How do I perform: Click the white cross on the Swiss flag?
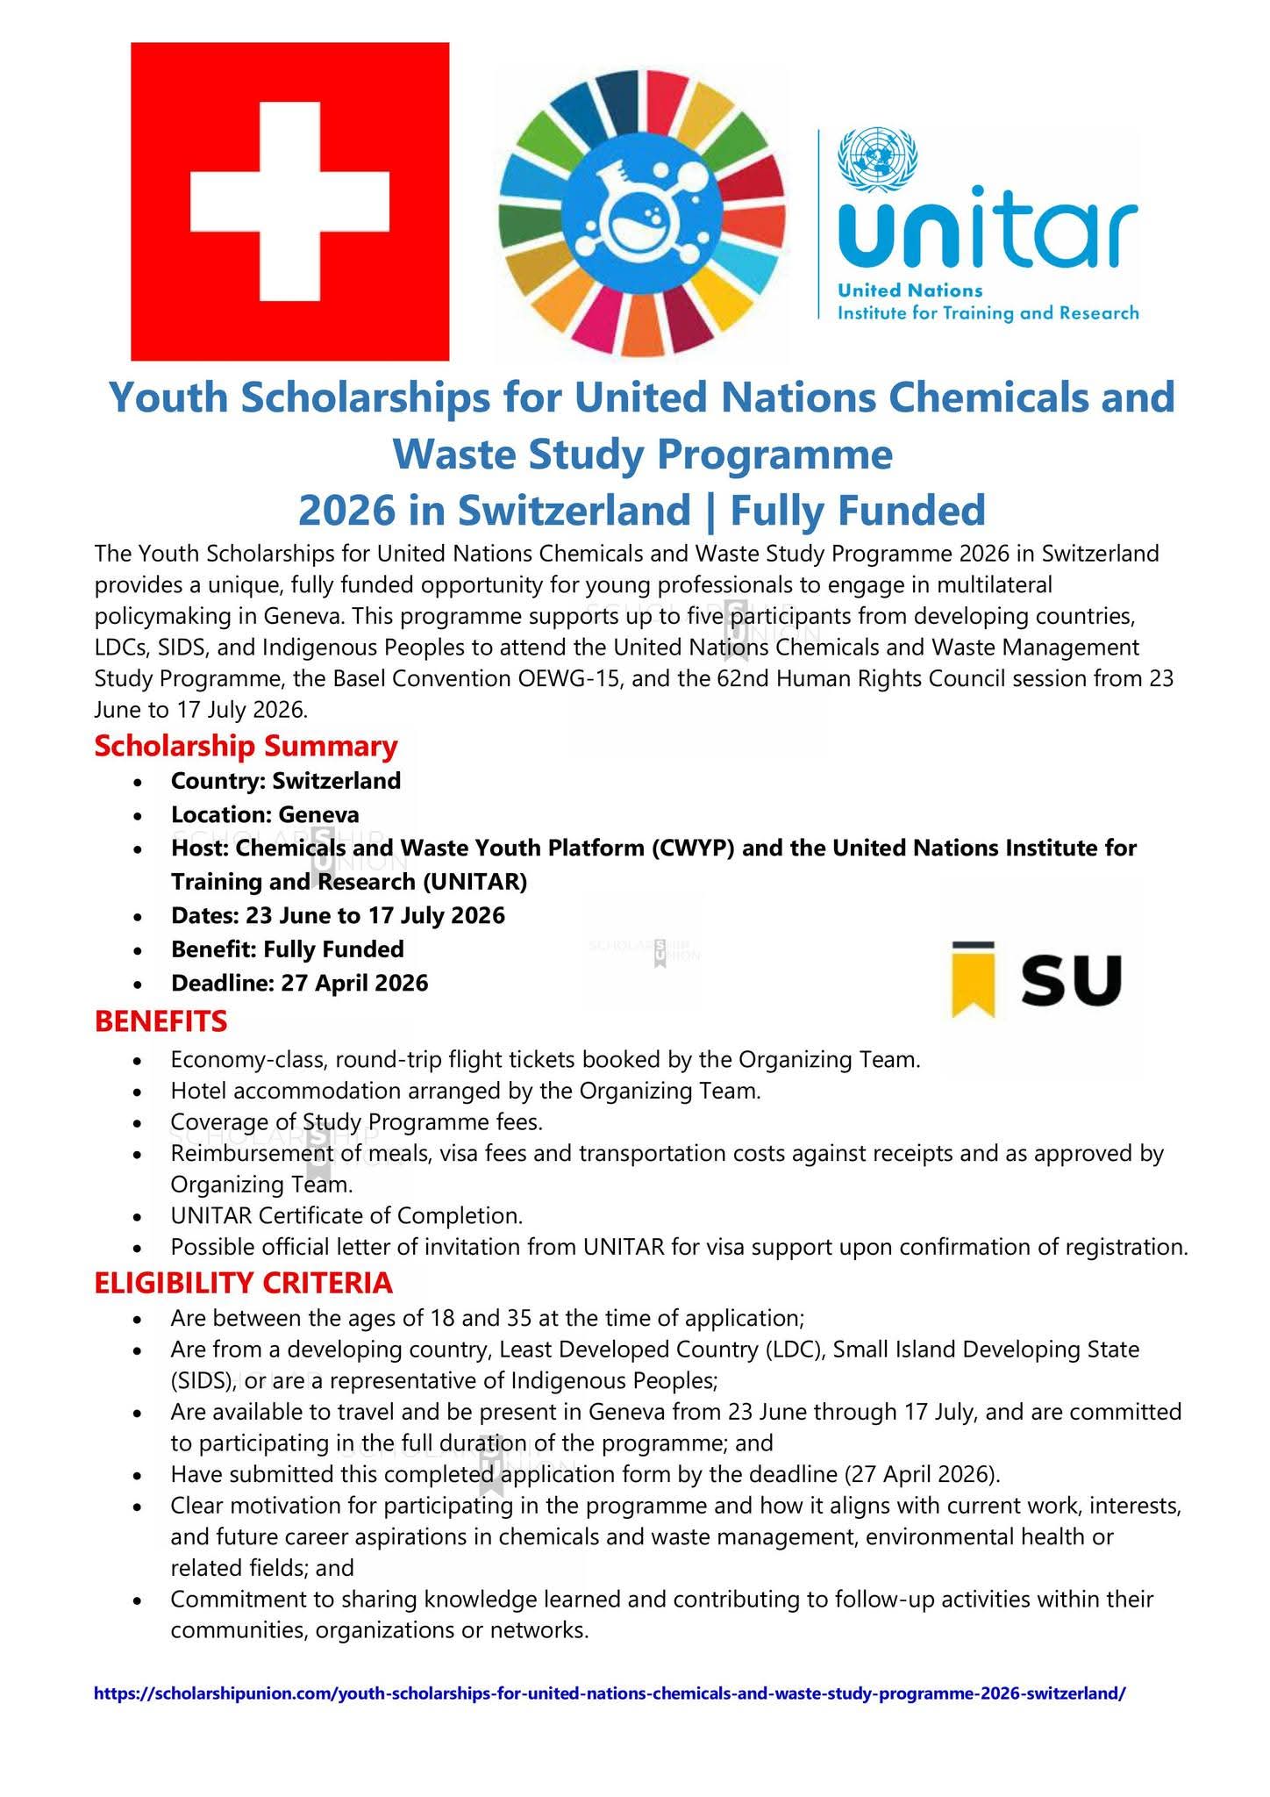[x=289, y=202]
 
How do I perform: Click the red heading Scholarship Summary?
[x=246, y=746]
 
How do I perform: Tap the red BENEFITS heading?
[x=161, y=1020]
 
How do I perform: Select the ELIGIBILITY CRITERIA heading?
[x=243, y=1283]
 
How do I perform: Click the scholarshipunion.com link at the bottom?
[x=609, y=1693]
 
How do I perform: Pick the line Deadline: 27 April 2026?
[x=299, y=983]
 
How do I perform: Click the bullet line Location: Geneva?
[x=265, y=814]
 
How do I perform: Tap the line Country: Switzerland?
[x=285, y=780]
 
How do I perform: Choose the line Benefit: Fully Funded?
[x=287, y=949]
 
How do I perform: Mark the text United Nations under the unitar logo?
[x=910, y=290]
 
